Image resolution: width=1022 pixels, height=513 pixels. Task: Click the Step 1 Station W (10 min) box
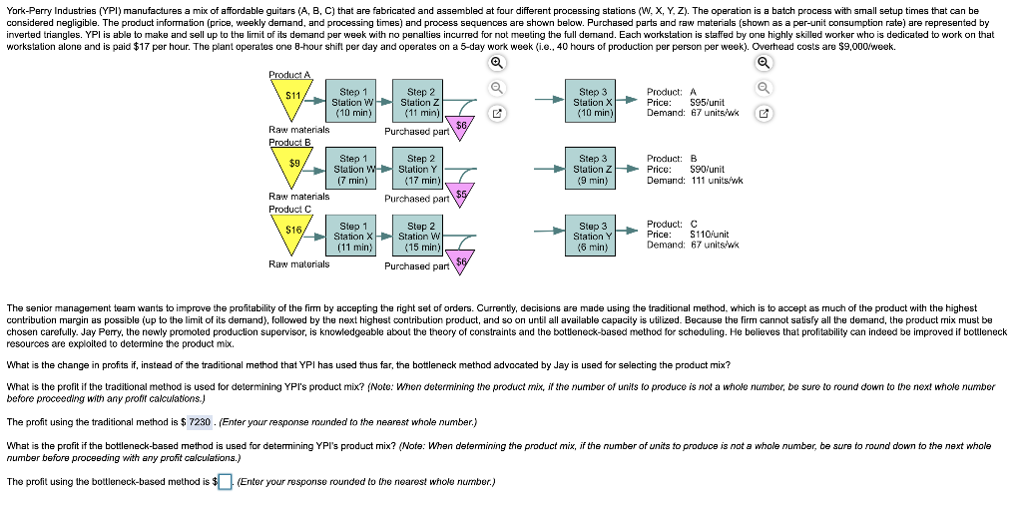[353, 102]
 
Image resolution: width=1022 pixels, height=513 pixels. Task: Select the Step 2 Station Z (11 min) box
[420, 102]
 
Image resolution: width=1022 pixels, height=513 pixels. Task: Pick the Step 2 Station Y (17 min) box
[420, 169]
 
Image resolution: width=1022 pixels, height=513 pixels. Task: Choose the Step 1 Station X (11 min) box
[353, 236]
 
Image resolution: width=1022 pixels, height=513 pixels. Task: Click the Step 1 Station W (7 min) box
[353, 169]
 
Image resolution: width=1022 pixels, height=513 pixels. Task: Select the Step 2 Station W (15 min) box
[420, 236]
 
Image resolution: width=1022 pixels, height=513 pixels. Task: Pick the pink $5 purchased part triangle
[461, 194]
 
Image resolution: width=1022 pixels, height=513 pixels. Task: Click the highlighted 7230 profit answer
[200, 420]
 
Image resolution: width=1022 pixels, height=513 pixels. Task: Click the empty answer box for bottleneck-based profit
[226, 482]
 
